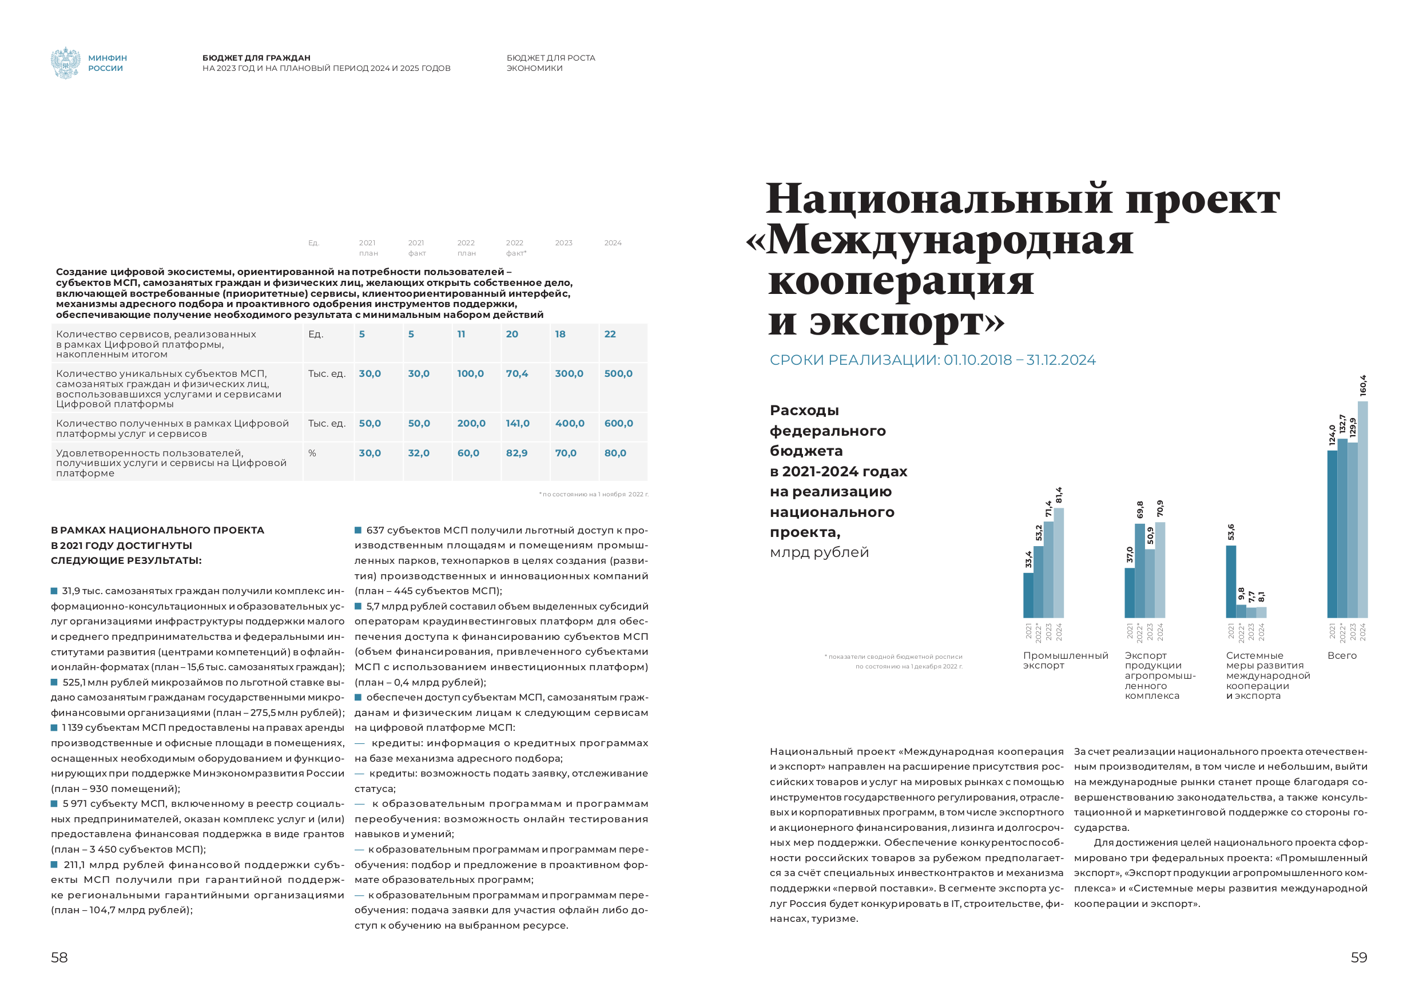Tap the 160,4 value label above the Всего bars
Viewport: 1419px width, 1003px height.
click(1363, 385)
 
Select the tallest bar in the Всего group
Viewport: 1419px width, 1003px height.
click(1362, 510)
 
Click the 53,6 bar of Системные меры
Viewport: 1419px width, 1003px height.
click(1230, 581)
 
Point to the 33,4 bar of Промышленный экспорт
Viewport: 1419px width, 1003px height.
click(1028, 595)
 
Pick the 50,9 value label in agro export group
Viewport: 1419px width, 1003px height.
click(1150, 536)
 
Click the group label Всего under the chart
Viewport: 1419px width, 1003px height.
click(1342, 656)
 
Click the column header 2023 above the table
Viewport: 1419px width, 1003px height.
click(563, 243)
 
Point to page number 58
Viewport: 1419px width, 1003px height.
click(59, 957)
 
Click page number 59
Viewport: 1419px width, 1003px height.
click(1358, 957)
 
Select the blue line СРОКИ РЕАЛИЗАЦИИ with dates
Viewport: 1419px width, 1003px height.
click(932, 360)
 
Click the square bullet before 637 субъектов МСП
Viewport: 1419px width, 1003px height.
click(358, 530)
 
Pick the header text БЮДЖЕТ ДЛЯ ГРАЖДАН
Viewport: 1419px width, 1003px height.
click(256, 58)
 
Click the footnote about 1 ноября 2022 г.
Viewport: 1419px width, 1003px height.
click(593, 495)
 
